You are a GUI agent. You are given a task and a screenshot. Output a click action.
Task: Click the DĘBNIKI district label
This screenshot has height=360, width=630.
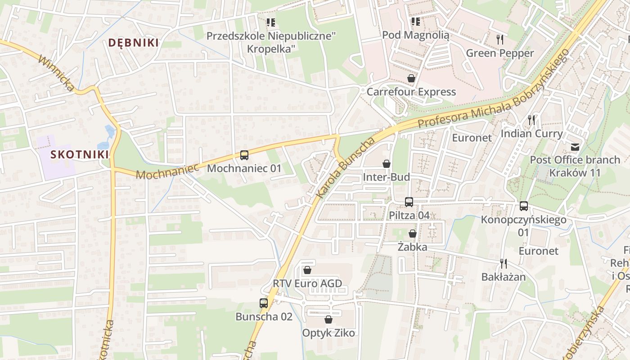tap(133, 43)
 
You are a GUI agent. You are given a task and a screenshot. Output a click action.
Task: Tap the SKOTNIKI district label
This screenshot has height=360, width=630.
tap(80, 154)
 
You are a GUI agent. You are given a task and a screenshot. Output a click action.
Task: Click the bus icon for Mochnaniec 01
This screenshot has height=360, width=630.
tap(244, 155)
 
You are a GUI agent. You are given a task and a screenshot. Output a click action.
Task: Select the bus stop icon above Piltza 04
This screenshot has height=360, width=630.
tap(409, 202)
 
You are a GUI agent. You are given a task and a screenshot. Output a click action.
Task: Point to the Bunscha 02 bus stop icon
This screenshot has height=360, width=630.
tap(264, 303)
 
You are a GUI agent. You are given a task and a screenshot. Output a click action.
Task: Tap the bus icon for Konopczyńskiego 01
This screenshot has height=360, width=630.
tap(523, 206)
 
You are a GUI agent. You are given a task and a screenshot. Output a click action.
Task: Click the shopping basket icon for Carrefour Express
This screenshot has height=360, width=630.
tap(411, 79)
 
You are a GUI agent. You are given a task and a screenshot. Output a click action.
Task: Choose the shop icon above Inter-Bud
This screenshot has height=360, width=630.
tap(386, 164)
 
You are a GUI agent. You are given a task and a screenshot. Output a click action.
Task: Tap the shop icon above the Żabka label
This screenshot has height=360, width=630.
tap(412, 234)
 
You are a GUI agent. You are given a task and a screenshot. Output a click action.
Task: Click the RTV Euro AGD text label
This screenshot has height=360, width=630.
tap(307, 283)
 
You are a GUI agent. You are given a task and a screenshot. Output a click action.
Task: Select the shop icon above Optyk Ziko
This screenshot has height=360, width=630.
tap(328, 319)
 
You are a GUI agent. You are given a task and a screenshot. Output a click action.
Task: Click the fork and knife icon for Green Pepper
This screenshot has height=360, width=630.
tap(499, 40)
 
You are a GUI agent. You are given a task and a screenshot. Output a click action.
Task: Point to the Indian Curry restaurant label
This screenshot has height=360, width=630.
tap(531, 134)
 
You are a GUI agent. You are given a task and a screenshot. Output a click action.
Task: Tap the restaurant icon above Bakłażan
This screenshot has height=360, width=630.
tap(503, 263)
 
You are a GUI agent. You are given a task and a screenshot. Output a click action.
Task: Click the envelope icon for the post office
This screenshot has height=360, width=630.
tap(575, 147)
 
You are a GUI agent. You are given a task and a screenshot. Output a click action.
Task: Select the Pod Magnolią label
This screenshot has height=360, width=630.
tap(415, 35)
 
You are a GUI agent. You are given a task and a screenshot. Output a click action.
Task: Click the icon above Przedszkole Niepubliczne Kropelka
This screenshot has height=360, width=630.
tap(270, 22)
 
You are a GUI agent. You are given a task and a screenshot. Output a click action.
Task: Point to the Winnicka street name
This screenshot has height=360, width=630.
tap(56, 73)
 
